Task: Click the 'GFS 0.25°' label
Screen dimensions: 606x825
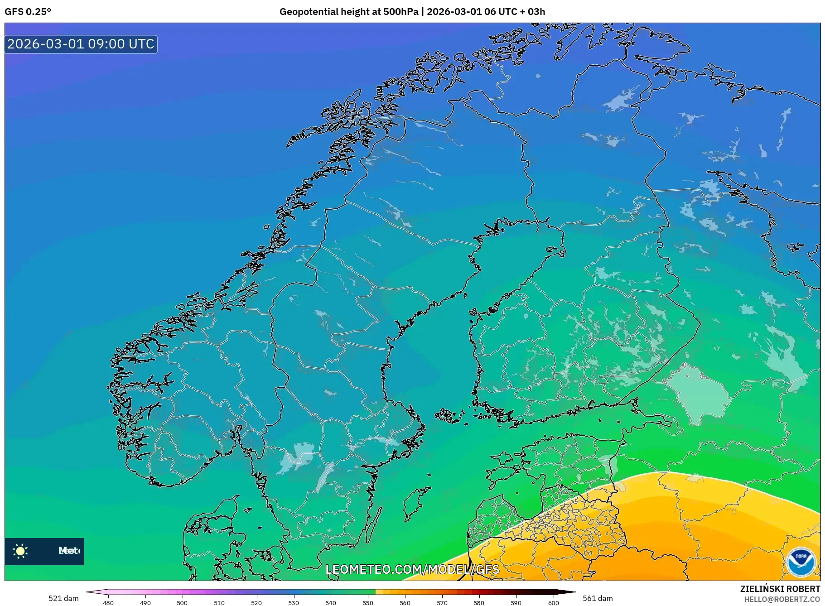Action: pyautogui.click(x=28, y=12)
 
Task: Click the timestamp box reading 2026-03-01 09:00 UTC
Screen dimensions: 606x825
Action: pyautogui.click(x=81, y=44)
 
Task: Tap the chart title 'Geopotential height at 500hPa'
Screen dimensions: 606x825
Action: pyautogui.click(x=349, y=12)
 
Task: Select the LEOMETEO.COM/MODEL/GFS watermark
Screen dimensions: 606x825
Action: pyautogui.click(x=412, y=569)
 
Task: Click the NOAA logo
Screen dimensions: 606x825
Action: pyautogui.click(x=801, y=562)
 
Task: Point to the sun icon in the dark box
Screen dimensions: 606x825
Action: pyautogui.click(x=20, y=551)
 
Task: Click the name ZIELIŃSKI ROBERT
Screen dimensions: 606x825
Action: pyautogui.click(x=780, y=589)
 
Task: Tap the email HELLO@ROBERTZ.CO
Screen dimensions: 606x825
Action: pyautogui.click(x=782, y=599)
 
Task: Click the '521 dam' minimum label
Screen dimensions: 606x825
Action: pyautogui.click(x=63, y=598)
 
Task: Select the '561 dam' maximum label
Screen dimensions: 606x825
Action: pyautogui.click(x=598, y=598)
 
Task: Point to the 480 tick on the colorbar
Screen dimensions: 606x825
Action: pyautogui.click(x=108, y=603)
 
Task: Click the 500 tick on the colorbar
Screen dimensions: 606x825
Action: pyautogui.click(x=182, y=603)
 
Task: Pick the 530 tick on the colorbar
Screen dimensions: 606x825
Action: pyautogui.click(x=294, y=603)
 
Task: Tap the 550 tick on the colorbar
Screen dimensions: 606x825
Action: pyautogui.click(x=368, y=603)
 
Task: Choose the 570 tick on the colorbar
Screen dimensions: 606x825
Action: pyautogui.click(x=442, y=603)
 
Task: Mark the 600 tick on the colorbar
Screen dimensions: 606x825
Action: pyautogui.click(x=553, y=603)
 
